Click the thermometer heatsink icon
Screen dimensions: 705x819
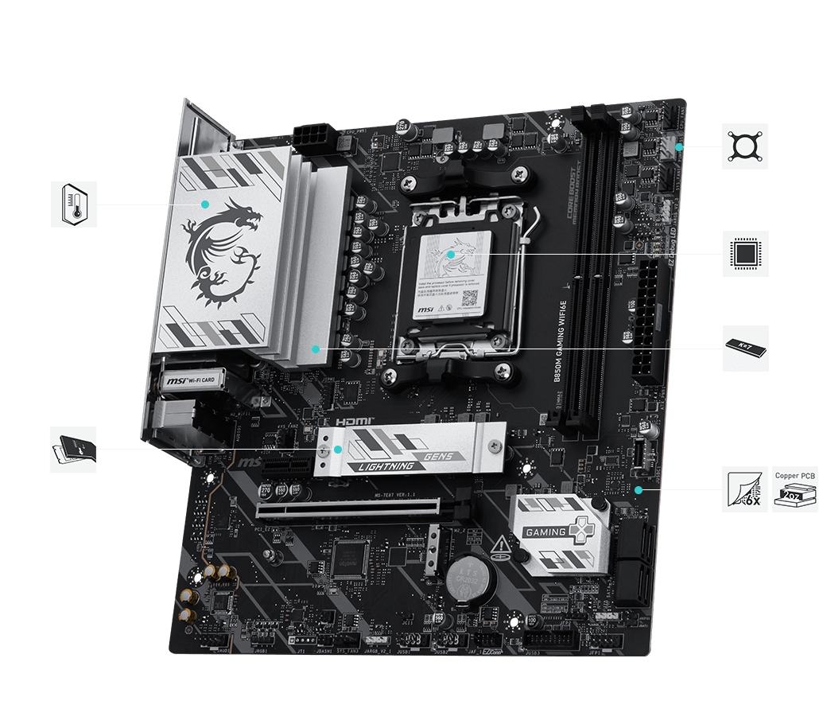click(74, 204)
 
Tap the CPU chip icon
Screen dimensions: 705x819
click(745, 253)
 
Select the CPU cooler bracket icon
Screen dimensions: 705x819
click(745, 146)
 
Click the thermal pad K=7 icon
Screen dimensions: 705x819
click(745, 348)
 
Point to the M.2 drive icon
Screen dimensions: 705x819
click(73, 449)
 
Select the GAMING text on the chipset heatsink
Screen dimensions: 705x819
click(545, 532)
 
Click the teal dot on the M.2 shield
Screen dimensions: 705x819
click(338, 449)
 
